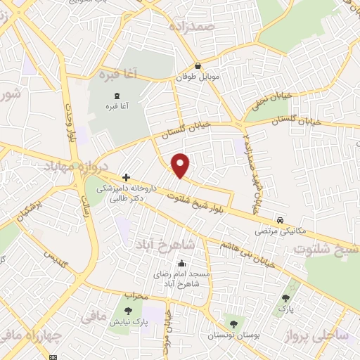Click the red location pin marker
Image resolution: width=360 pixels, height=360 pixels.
coord(181,165)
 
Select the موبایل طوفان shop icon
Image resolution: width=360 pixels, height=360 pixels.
coord(198,66)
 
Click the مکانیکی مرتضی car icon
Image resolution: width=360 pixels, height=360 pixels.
coord(281,219)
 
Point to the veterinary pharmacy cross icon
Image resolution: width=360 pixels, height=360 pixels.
coord(125,178)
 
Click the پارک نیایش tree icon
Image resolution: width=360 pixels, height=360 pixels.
coord(128,311)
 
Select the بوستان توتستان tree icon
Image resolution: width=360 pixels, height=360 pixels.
coord(233,324)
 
